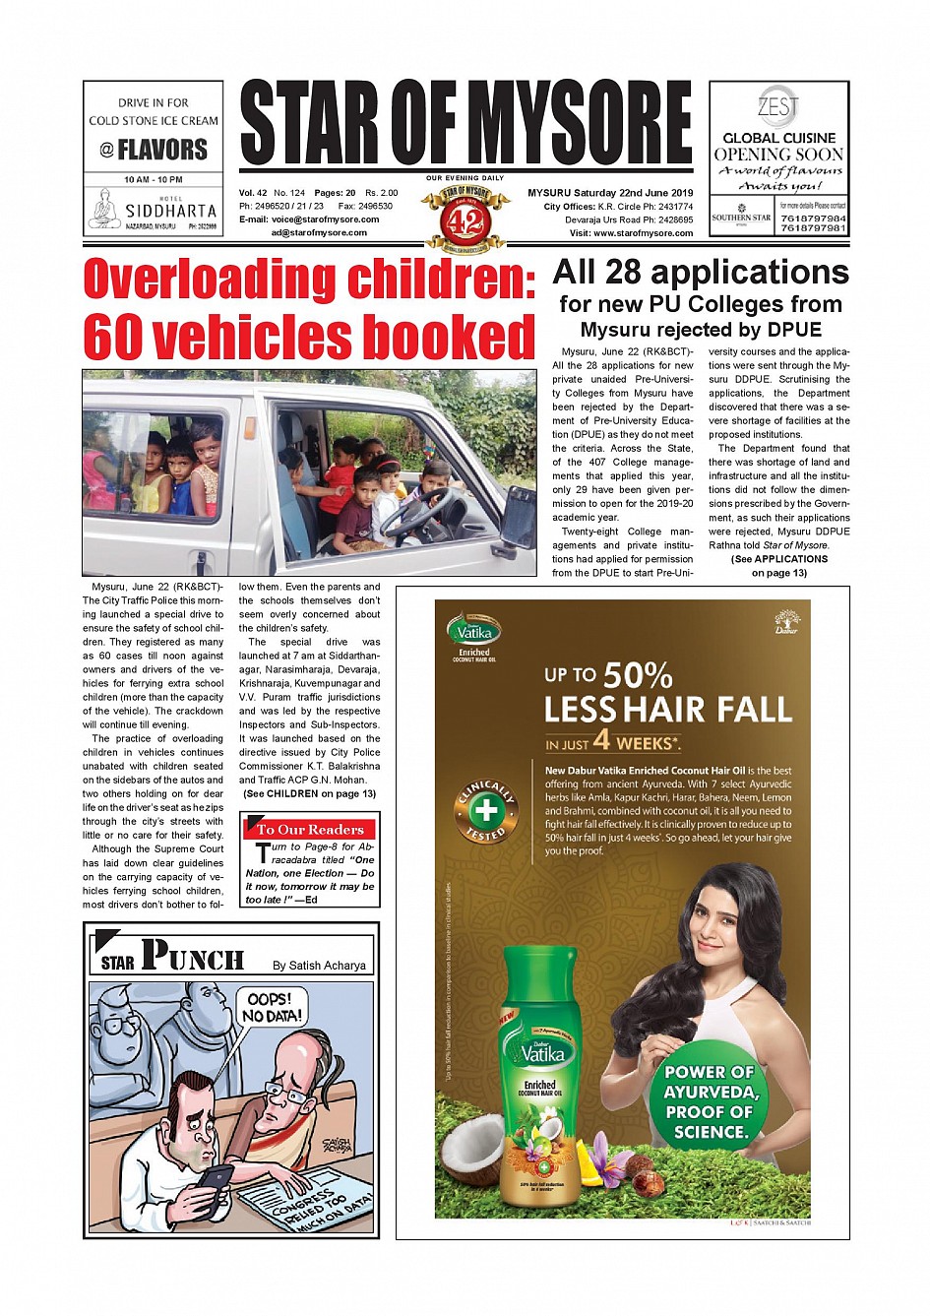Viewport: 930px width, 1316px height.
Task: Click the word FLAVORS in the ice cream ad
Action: tap(162, 150)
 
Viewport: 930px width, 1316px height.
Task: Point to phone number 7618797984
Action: tap(813, 218)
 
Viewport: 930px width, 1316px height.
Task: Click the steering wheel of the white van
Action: tap(419, 510)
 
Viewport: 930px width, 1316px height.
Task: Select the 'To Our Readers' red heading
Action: tap(310, 829)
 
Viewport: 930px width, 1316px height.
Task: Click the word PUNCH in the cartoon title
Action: tap(193, 956)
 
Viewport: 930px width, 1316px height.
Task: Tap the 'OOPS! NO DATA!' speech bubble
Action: tap(273, 1007)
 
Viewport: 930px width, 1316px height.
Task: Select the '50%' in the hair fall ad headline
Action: tap(638, 675)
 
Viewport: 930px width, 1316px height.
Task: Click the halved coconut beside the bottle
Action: tap(470, 1152)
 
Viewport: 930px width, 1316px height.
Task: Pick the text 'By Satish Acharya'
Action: tap(319, 966)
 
